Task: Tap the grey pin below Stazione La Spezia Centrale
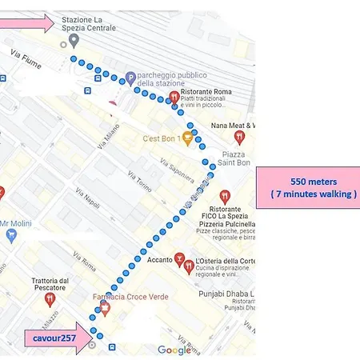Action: point(74,40)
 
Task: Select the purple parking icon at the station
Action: point(130,78)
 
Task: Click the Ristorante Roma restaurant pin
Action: point(174,98)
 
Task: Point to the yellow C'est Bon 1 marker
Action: point(187,138)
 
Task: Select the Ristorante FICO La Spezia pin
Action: point(225,195)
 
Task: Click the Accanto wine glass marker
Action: point(181,258)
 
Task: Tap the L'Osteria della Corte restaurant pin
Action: point(190,266)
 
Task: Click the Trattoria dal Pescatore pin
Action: point(50,298)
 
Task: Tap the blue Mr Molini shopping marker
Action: point(11,234)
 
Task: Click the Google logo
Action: point(174,350)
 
